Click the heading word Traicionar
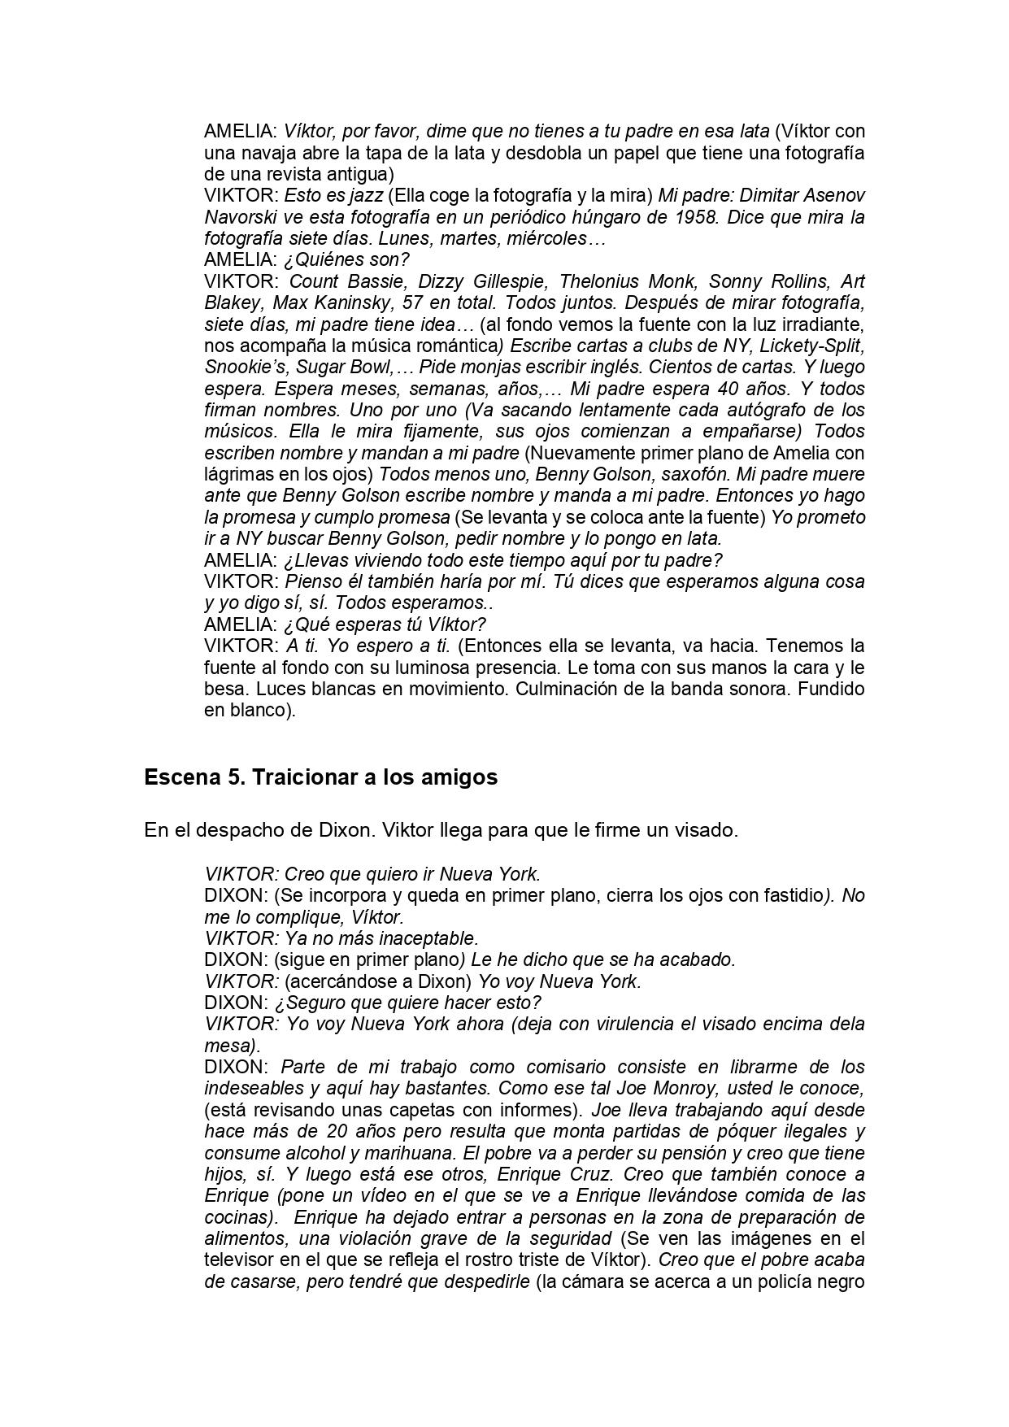coord(304,777)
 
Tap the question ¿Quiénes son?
coord(346,260)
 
